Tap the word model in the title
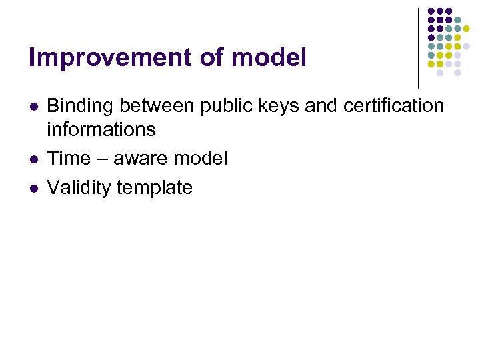click(x=269, y=58)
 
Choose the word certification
click(x=394, y=105)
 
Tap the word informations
click(x=101, y=129)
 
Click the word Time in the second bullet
click(x=69, y=159)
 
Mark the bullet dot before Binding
click(x=34, y=107)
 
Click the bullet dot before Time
click(x=34, y=159)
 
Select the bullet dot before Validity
click(x=34, y=189)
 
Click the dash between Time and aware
click(x=103, y=159)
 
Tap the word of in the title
click(x=212, y=58)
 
